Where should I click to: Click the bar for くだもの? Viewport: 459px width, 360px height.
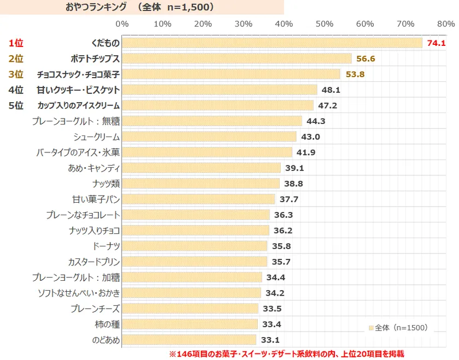pyautogui.click(x=272, y=43)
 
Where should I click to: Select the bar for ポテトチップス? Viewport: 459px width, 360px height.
pyautogui.click(x=237, y=58)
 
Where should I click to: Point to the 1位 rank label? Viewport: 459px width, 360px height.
pyautogui.click(x=16, y=43)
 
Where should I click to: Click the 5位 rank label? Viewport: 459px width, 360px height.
pyautogui.click(x=16, y=105)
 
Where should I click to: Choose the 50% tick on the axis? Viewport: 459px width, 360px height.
pyautogui.click(x=325, y=24)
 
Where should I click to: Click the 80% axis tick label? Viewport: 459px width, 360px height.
pyautogui.click(x=446, y=24)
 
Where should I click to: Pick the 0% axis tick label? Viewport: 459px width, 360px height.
pyautogui.click(x=122, y=24)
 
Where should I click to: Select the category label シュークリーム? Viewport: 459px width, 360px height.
pyautogui.click(x=96, y=137)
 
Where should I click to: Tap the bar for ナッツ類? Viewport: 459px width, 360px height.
pyautogui.click(x=201, y=184)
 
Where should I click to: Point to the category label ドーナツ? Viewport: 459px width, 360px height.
pyautogui.click(x=106, y=246)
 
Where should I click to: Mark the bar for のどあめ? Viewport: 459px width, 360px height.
pyautogui.click(x=189, y=340)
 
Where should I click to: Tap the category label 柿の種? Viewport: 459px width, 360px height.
pyautogui.click(x=107, y=324)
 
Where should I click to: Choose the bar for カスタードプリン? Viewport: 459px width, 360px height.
pyautogui.click(x=195, y=262)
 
